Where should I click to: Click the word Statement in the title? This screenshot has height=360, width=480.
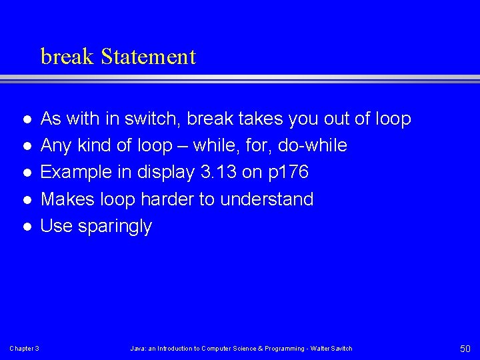point(149,57)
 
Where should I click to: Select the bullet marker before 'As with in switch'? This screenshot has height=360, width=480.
point(26,120)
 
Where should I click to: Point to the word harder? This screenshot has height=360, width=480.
point(173,199)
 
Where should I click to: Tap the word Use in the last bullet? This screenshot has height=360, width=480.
point(56,226)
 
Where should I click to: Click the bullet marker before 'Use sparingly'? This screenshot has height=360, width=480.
point(26,227)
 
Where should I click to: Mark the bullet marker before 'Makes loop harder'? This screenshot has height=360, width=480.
point(26,200)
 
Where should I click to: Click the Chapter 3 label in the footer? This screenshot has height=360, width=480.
point(24,349)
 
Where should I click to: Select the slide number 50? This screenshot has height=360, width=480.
point(465,348)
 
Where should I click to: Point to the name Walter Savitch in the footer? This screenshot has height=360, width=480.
point(331,349)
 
